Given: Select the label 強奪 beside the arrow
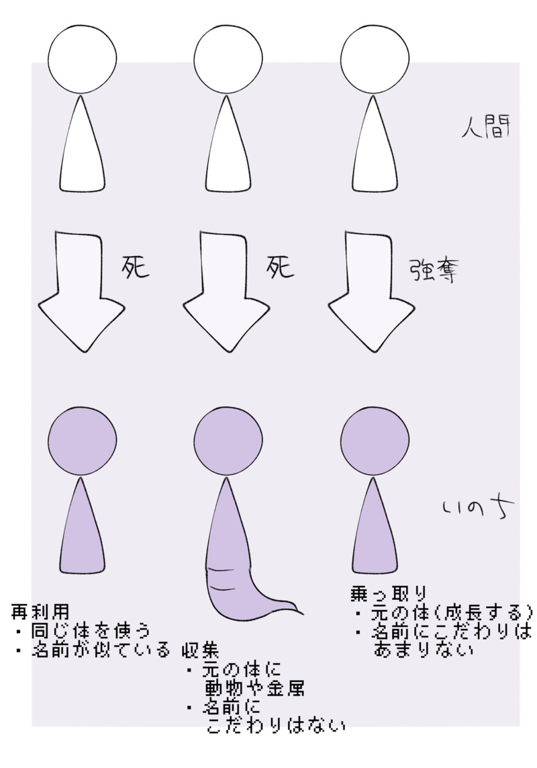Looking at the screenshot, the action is click(x=433, y=270).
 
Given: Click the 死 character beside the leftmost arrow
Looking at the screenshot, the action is click(x=135, y=267).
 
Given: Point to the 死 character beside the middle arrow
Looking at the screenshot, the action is click(x=280, y=267).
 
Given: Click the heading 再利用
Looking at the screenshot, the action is click(x=40, y=611).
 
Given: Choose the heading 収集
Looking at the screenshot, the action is click(x=200, y=650).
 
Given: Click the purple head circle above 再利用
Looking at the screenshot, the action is click(x=83, y=440).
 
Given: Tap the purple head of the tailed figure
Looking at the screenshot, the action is click(x=228, y=440).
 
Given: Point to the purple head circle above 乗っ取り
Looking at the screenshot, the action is click(x=375, y=440).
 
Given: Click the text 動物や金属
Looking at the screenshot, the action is click(x=254, y=688).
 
